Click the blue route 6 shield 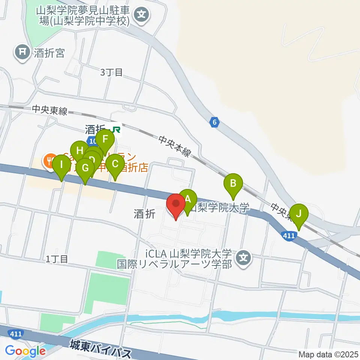coord(214,122)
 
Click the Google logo coord(25,351)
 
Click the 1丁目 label coord(57,258)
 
